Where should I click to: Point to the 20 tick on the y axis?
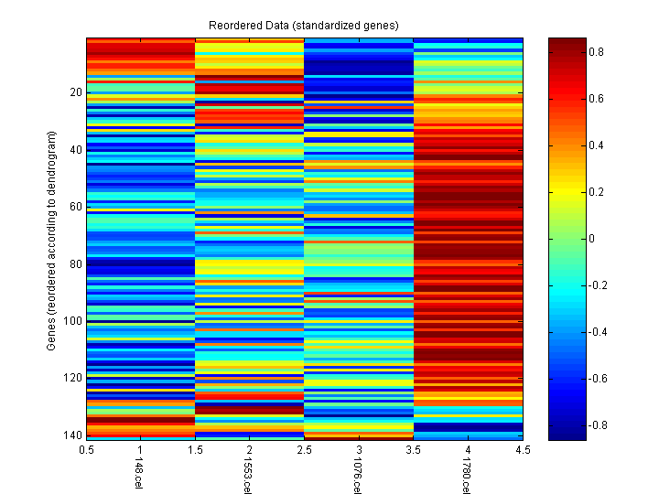click(x=76, y=92)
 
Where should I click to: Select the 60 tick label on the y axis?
click(x=76, y=207)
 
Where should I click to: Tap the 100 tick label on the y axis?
click(x=73, y=321)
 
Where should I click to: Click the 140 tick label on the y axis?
click(x=73, y=435)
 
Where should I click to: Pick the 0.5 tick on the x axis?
click(x=87, y=450)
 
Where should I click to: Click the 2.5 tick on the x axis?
click(x=305, y=450)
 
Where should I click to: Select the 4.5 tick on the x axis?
click(x=523, y=450)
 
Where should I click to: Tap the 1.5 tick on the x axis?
click(x=196, y=450)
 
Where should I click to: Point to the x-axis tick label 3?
click(x=359, y=450)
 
